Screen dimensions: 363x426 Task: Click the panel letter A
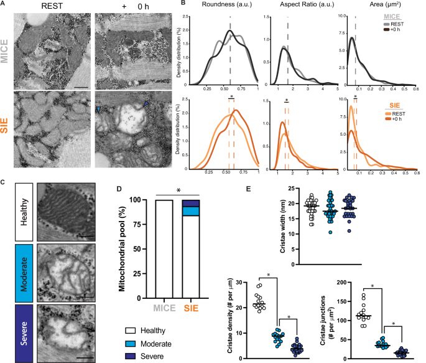tap(4, 4)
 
